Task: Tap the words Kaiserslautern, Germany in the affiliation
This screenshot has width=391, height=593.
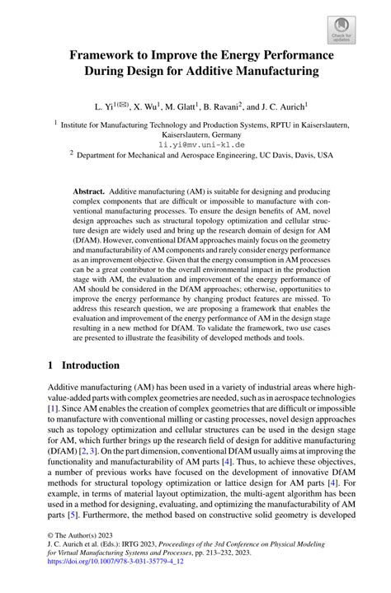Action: click(194, 132)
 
